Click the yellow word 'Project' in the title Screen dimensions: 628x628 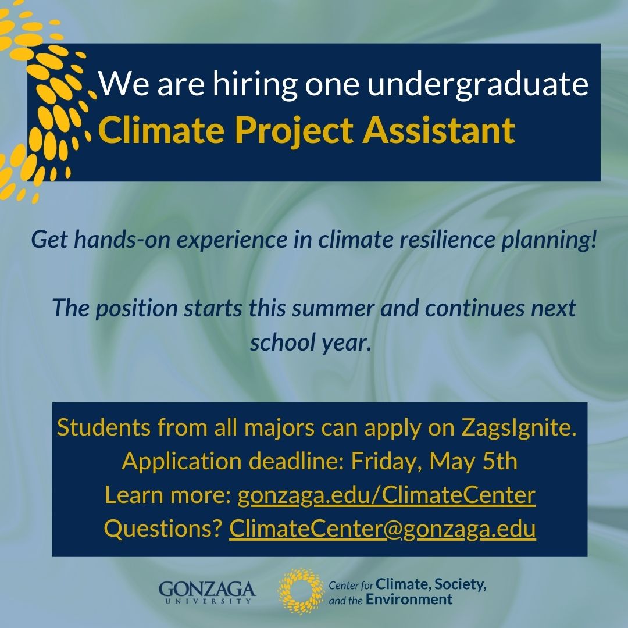pyautogui.click(x=295, y=131)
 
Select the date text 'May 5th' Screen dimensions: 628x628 pyautogui.click(x=473, y=462)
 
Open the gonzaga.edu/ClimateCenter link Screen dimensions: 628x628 pyautogui.click(x=386, y=495)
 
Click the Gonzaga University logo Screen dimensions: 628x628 pyautogui.click(x=207, y=591)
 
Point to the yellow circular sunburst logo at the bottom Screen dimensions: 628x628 pyautogui.click(x=299, y=591)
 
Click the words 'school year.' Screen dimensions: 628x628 pyautogui.click(x=310, y=342)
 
